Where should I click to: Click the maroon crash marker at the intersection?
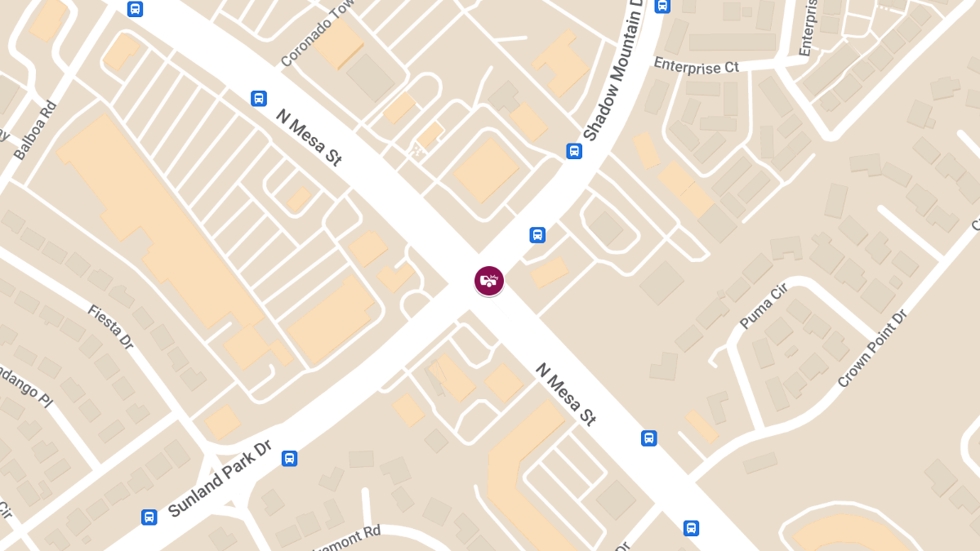[x=488, y=281]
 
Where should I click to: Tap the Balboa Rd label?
[x=36, y=130]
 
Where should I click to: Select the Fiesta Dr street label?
[x=110, y=327]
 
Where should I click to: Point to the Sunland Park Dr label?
[x=219, y=480]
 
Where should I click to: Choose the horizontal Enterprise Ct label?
[x=696, y=66]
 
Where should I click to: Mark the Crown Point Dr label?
[x=872, y=349]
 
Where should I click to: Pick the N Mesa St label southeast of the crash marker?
[x=566, y=394]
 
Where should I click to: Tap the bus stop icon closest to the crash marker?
[x=537, y=235]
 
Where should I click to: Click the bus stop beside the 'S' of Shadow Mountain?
[x=574, y=151]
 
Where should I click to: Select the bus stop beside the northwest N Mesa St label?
[x=258, y=99]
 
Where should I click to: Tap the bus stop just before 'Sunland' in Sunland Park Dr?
[x=149, y=517]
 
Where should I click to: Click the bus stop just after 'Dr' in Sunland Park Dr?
[x=289, y=458]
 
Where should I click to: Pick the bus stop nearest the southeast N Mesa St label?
[x=648, y=438]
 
